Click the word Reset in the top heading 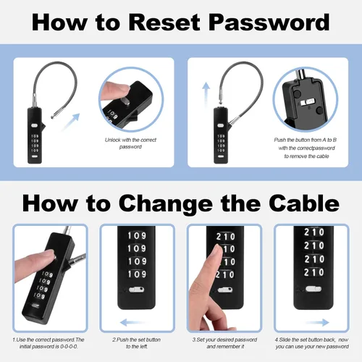[x=164, y=22]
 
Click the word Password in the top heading [x=269, y=22]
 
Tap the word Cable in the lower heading [x=304, y=203]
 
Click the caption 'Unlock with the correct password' [x=130, y=143]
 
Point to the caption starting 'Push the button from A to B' [x=306, y=148]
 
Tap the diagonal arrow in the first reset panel [x=71, y=122]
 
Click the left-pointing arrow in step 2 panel [x=133, y=322]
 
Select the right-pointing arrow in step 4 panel [x=317, y=322]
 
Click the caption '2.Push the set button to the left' [x=136, y=343]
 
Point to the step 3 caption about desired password [x=224, y=343]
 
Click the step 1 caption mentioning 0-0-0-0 [x=49, y=343]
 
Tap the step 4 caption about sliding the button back [x=312, y=343]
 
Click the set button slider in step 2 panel [x=136, y=290]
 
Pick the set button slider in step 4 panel [x=313, y=289]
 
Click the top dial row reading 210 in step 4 [x=313, y=232]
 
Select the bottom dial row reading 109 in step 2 [x=137, y=274]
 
